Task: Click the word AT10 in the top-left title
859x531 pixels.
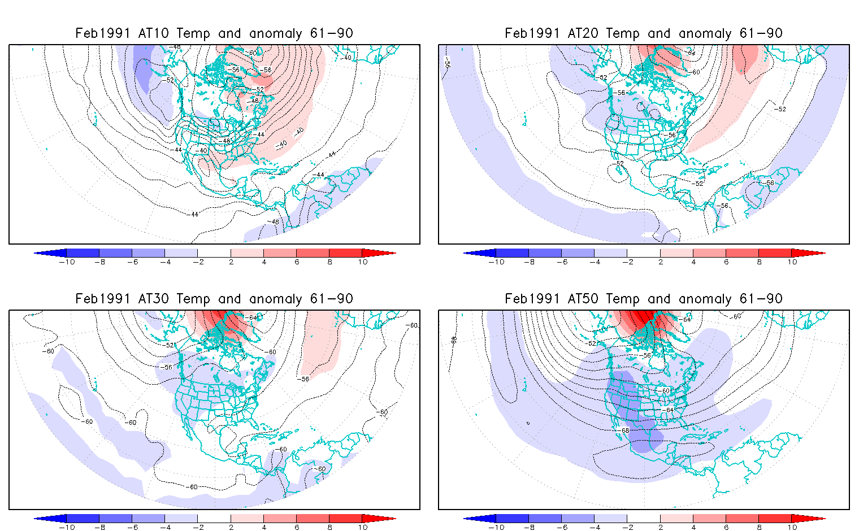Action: (x=153, y=33)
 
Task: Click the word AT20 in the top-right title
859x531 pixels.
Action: (x=583, y=33)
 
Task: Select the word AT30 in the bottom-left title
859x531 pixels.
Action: (x=153, y=299)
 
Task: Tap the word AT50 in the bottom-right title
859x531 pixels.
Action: (x=583, y=299)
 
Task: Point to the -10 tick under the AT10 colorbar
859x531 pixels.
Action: (x=66, y=262)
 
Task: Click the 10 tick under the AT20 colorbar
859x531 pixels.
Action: (x=792, y=262)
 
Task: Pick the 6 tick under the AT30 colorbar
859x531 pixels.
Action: (x=297, y=528)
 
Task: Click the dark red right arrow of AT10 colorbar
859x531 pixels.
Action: (x=379, y=253)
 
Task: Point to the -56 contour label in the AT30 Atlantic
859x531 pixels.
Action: (x=305, y=379)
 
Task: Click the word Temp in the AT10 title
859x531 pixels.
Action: (x=193, y=33)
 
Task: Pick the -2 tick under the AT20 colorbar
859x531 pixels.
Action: (x=627, y=262)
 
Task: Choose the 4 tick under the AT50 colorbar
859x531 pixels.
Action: (x=693, y=528)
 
